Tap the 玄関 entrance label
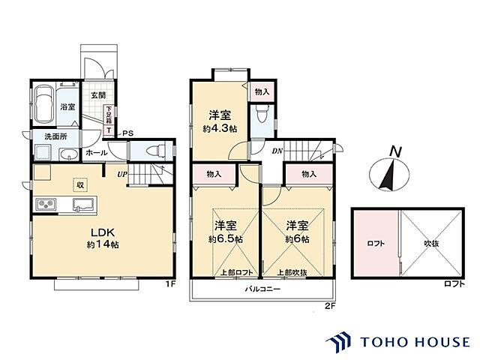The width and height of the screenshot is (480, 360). tap(97, 95)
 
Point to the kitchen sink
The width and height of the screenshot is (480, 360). tap(82, 205)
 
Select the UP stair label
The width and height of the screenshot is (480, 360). tap(121, 174)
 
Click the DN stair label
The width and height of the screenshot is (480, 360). tap(276, 151)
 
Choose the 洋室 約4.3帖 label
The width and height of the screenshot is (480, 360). tap(220, 121)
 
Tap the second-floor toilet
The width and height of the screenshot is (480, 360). tap(261, 115)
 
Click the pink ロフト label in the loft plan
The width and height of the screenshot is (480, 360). tap(375, 244)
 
